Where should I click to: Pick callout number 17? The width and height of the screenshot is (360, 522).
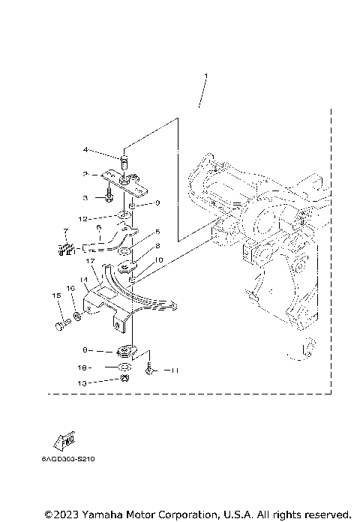(x=89, y=261)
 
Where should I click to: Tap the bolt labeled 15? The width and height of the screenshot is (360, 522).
(x=61, y=325)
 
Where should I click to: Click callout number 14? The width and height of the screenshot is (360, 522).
(x=84, y=279)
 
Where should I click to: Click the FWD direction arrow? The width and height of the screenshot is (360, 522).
(x=63, y=442)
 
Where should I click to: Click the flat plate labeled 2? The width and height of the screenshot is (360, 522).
(x=118, y=178)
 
